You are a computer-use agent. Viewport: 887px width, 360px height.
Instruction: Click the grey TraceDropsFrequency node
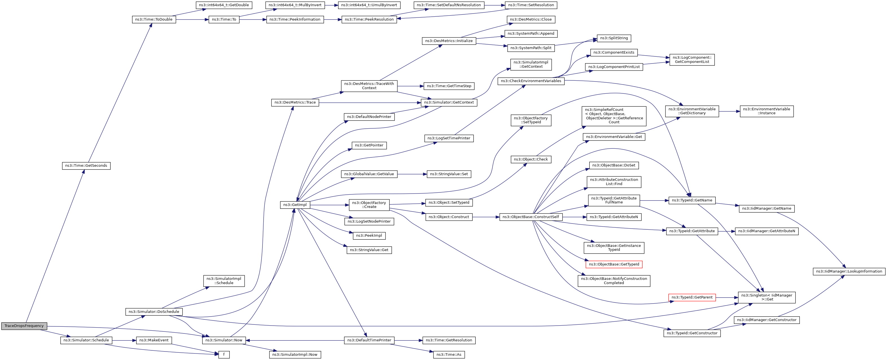coord(24,326)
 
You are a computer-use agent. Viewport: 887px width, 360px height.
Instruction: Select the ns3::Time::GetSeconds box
coord(86,166)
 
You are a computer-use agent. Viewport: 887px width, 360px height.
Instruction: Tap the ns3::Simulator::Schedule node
coord(86,340)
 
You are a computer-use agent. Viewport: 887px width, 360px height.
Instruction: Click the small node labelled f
coord(224,354)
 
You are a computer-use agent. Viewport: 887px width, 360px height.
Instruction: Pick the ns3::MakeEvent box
coord(154,340)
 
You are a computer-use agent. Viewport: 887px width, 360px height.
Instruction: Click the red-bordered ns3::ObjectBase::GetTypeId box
coord(614,264)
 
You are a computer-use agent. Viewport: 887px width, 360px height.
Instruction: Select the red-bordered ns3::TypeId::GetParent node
coord(692,297)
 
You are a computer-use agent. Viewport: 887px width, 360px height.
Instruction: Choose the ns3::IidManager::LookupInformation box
coord(849,271)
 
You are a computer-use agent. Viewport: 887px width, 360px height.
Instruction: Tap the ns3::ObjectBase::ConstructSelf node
coord(531,217)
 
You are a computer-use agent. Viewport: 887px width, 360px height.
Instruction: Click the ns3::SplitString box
coord(614,38)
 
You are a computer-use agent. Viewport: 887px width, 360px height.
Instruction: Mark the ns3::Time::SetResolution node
coord(531,5)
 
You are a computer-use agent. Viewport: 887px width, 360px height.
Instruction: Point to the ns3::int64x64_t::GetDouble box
coord(224,5)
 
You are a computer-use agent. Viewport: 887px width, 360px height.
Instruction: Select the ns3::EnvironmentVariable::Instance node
coord(766,111)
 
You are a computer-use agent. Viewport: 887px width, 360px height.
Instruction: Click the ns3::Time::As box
coord(449,354)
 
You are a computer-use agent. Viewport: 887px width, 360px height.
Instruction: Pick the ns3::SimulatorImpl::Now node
coord(295,354)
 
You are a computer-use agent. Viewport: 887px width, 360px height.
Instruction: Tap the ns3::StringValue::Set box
coord(449,174)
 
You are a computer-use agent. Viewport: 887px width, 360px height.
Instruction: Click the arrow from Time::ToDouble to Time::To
coord(192,20)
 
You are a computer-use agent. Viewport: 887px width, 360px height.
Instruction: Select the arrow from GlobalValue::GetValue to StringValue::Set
coord(412,174)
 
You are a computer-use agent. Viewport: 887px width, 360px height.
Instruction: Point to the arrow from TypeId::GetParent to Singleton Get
coord(726,297)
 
